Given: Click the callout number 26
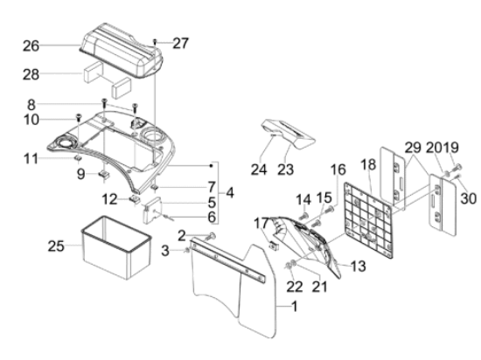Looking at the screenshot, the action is coord(31,46).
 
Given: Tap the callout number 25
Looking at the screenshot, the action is coord(56,246).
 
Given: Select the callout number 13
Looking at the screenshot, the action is coord(358,266).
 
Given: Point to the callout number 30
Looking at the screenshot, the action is coord(469,198).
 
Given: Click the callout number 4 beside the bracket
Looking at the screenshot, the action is coord(230,193).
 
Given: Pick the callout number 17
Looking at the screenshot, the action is coord(261,224).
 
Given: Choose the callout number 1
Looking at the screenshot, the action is coord(294,306).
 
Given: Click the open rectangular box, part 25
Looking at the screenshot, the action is coord(116,247).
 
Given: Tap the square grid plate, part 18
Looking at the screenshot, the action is coord(369,220).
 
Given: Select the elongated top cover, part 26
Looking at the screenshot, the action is coord(122,51).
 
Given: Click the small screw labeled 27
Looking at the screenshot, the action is coord(155,42).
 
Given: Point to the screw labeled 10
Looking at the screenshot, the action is coord(79,117).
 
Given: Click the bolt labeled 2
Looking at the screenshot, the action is coord(211,236).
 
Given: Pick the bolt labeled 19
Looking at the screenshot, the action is coord(457,168).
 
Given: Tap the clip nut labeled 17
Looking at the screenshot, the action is coord(273,246).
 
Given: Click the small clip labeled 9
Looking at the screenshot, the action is coord(104,175).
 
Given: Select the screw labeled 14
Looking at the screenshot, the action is coord(304,216).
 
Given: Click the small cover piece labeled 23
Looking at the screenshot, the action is coord(289,134).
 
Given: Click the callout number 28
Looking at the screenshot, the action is coord(31,75).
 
